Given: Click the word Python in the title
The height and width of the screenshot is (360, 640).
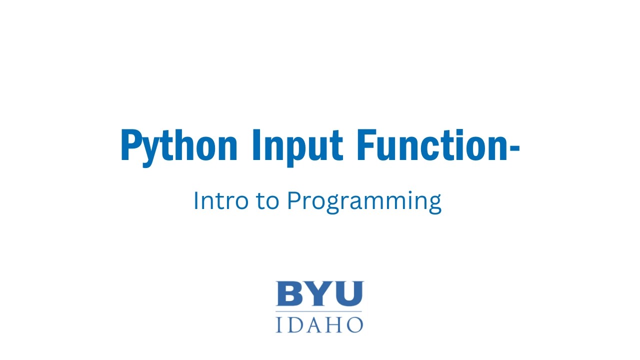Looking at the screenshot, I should (178, 146).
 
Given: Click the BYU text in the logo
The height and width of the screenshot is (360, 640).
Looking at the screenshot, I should (319, 293).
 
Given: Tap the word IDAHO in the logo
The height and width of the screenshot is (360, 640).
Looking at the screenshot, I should (319, 324).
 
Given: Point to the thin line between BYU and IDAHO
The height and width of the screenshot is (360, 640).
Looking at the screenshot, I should (319, 311).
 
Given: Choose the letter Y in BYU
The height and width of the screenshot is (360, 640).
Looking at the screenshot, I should (317, 293).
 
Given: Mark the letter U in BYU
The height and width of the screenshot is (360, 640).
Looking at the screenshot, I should (348, 294).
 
